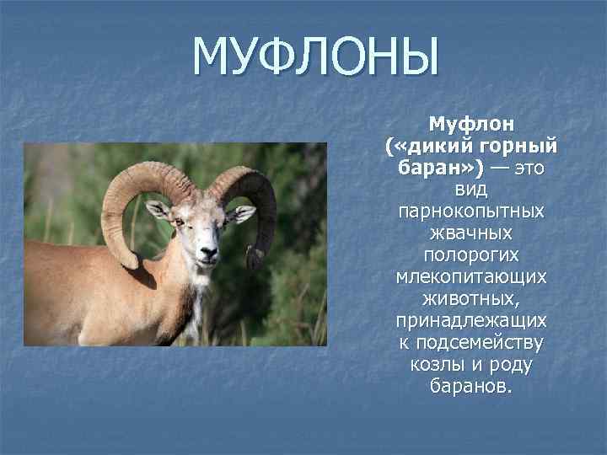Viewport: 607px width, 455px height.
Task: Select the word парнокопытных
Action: [x=471, y=212]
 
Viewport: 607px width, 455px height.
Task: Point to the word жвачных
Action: [x=471, y=233]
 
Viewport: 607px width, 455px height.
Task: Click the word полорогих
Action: [x=471, y=255]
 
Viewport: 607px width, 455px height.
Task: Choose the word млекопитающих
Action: [x=471, y=277]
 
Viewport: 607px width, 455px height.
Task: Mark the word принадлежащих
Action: [x=471, y=321]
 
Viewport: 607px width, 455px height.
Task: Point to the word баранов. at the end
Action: [x=471, y=387]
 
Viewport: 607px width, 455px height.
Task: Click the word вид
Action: [x=471, y=190]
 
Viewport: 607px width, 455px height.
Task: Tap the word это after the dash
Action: [x=527, y=169]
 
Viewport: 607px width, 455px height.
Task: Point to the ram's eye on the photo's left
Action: [x=179, y=222]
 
